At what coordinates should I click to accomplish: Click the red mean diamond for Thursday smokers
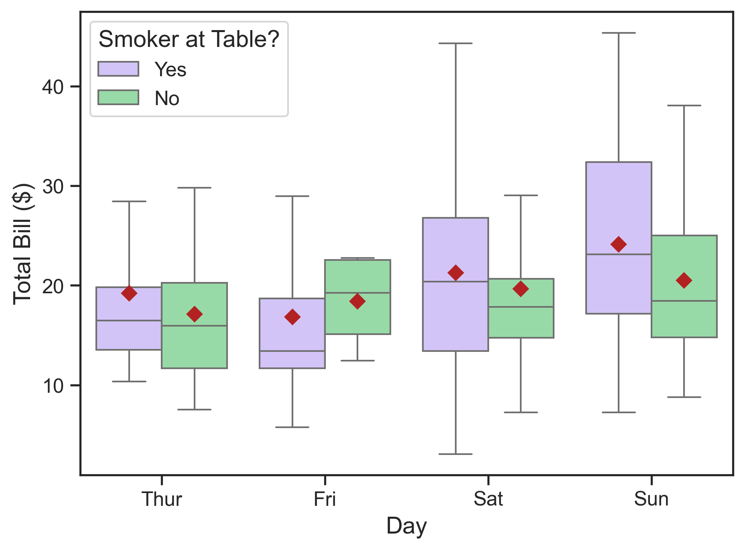click(129, 293)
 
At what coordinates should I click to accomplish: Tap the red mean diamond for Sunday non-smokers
click(684, 280)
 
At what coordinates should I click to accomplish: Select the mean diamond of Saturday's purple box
click(455, 273)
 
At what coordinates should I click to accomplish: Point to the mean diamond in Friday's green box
click(357, 301)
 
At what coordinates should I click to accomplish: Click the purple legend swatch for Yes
click(118, 69)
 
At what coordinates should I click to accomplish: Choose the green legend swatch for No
click(118, 97)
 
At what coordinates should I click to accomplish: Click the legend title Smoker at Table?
click(189, 39)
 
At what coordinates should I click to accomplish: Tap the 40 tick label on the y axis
click(53, 87)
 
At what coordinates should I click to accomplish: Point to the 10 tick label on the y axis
click(53, 386)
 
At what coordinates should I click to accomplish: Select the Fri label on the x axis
click(325, 499)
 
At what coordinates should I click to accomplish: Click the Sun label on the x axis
click(651, 499)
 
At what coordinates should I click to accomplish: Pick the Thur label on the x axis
click(162, 499)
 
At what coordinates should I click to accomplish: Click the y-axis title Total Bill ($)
click(22, 244)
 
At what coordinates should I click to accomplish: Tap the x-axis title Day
click(406, 526)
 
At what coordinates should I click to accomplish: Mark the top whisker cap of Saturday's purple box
click(455, 43)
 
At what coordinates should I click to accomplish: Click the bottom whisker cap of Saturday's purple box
click(455, 454)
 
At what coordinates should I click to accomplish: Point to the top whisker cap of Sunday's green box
click(684, 106)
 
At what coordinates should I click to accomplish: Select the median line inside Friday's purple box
click(292, 351)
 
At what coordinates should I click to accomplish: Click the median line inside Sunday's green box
click(684, 301)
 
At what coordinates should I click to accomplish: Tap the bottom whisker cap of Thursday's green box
click(195, 410)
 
